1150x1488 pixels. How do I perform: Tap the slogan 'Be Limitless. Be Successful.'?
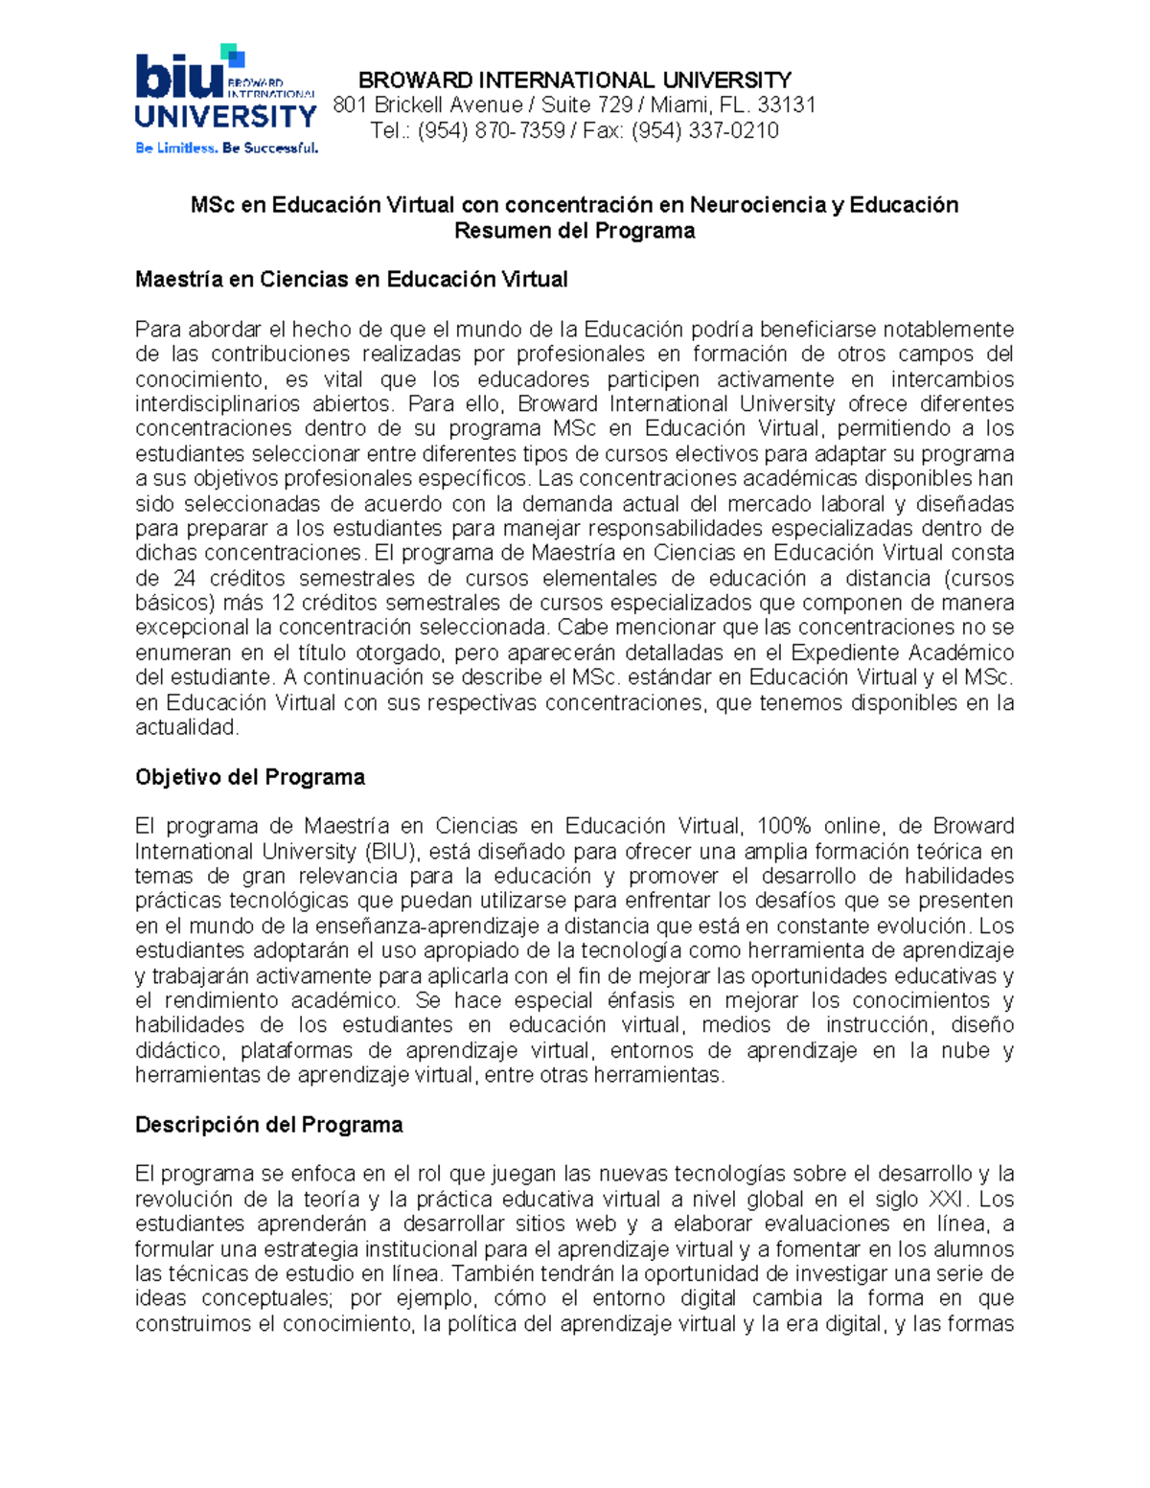coord(226,148)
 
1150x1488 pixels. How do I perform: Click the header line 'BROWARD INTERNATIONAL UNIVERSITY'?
coord(574,80)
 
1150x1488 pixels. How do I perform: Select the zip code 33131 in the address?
coord(786,105)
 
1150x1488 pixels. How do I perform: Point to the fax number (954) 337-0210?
coord(704,130)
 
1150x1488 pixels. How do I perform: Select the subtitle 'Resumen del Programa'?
coord(574,230)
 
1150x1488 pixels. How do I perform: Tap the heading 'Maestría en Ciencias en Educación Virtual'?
coord(352,280)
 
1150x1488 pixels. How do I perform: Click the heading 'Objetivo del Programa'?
coord(250,777)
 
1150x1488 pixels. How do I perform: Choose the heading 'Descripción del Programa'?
coord(268,1125)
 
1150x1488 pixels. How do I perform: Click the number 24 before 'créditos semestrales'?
coord(184,579)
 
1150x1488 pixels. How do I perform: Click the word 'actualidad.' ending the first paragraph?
coord(187,727)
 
